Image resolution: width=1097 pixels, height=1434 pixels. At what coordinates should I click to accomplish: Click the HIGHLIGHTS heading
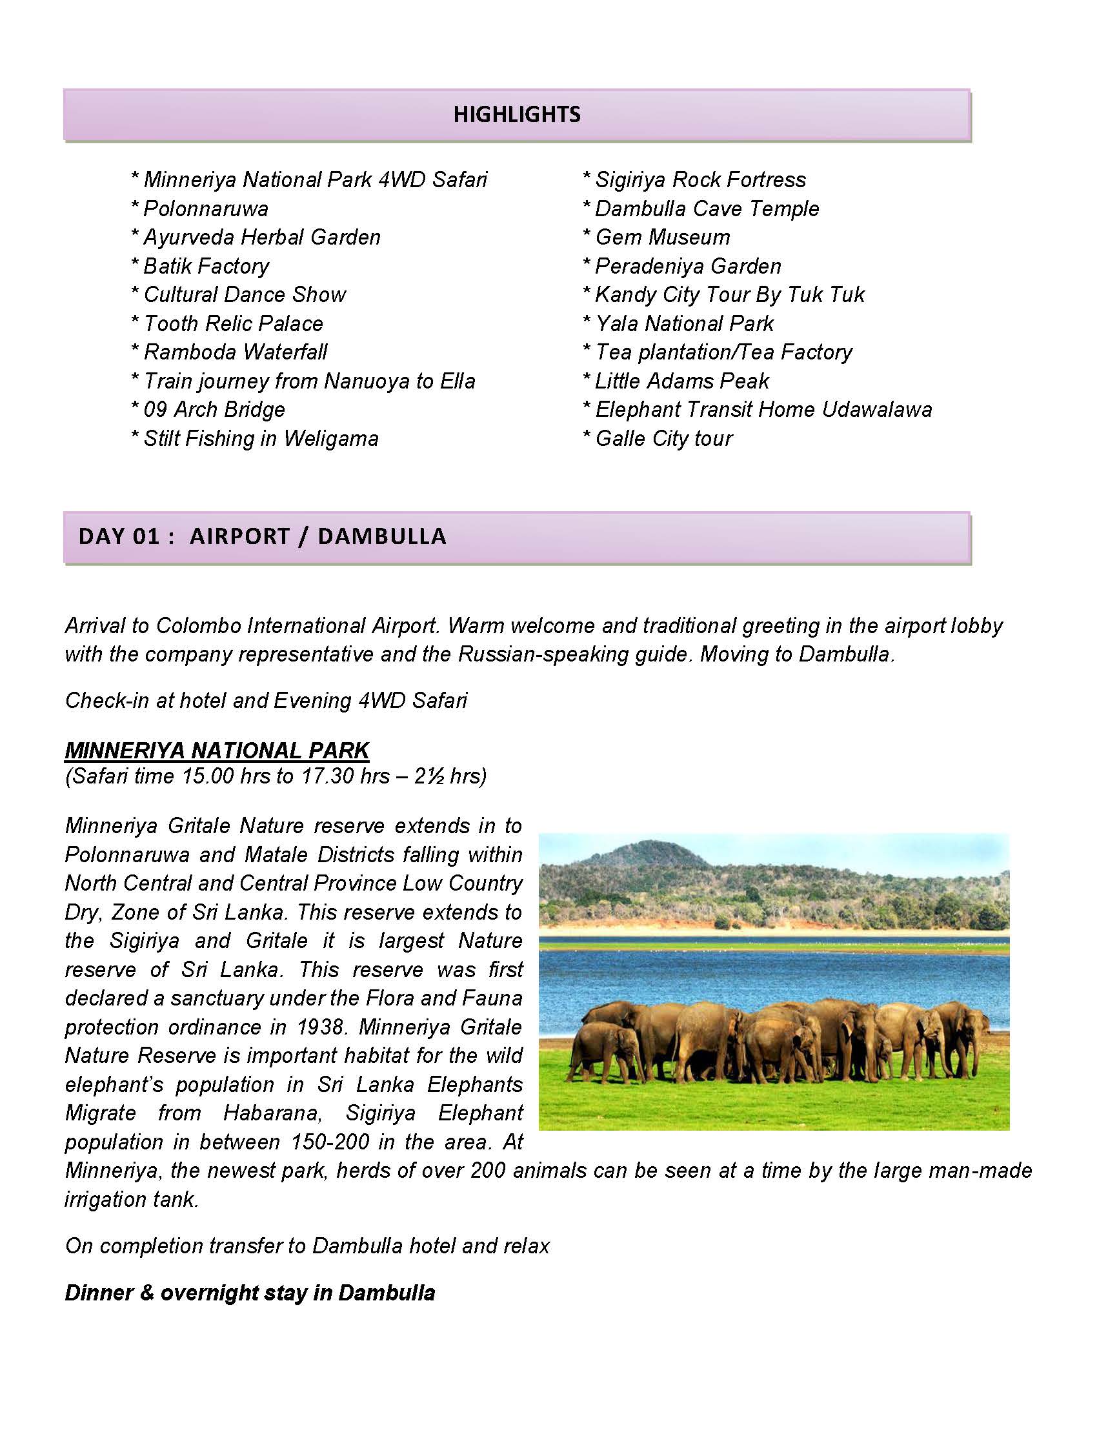tap(516, 114)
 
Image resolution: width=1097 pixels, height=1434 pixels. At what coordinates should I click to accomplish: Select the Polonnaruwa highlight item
tap(205, 209)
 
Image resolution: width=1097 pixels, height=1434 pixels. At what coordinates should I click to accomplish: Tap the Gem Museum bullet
tap(662, 237)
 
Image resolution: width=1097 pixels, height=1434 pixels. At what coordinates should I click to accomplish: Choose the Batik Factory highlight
tap(206, 267)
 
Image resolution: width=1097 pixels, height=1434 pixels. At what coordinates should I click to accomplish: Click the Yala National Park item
tap(683, 324)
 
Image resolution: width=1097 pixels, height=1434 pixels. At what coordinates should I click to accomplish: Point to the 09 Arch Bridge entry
tap(214, 410)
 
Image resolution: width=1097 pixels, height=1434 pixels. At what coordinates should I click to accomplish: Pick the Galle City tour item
tap(663, 439)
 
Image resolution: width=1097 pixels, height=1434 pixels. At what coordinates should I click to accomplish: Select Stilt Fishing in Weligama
tap(261, 439)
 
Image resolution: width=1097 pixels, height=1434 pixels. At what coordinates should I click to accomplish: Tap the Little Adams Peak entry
tap(681, 381)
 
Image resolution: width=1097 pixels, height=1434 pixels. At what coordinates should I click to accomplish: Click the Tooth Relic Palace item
tap(232, 324)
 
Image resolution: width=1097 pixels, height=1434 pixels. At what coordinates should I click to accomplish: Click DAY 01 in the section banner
tap(119, 537)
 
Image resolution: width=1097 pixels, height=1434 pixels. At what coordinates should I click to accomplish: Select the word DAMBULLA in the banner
tap(381, 537)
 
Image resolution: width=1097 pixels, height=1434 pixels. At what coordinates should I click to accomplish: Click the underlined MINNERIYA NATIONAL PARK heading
tap(217, 751)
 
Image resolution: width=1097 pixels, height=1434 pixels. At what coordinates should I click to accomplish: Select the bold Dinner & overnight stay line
tap(250, 1293)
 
